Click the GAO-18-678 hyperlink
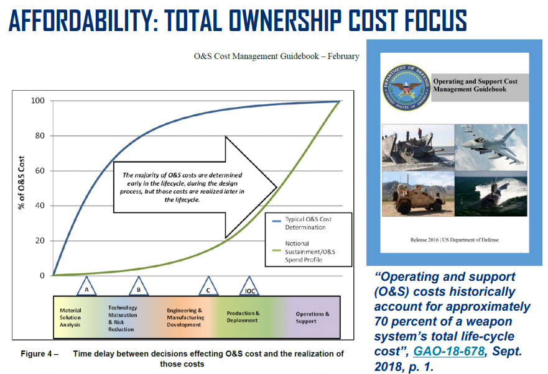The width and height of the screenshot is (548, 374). [449, 351]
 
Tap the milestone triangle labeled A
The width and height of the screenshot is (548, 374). [86, 286]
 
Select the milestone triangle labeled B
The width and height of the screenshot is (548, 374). [139, 286]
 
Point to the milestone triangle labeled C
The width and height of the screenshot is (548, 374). [208, 286]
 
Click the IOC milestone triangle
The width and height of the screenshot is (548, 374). [249, 286]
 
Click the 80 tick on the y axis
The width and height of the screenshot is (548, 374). [40, 135]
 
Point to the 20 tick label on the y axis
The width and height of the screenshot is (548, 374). [40, 240]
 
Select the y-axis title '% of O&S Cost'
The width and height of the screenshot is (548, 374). [22, 183]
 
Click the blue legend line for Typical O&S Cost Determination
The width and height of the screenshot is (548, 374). [277, 221]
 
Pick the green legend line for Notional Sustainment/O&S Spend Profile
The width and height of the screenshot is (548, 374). [277, 250]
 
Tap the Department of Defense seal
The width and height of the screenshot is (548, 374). [406, 88]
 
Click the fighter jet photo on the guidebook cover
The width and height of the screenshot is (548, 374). [491, 147]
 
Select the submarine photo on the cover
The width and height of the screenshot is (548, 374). [491, 194]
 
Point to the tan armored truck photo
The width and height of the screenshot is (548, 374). [418, 194]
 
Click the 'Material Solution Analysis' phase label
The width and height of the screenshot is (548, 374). [70, 317]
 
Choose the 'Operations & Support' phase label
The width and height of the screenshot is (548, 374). [312, 317]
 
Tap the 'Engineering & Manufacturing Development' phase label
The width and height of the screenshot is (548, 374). [185, 317]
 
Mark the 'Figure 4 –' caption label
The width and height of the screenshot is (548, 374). [39, 353]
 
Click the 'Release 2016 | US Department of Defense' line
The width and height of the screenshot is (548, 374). [454, 240]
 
